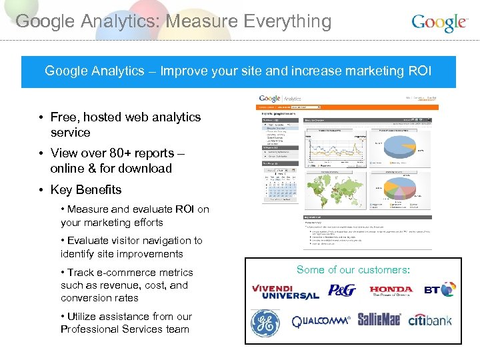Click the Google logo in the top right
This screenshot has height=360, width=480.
tap(439, 23)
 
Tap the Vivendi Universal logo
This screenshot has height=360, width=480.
tap(285, 292)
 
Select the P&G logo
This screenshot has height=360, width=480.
tap(342, 290)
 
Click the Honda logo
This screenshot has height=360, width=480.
tap(391, 291)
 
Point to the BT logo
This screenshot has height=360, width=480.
tap(440, 289)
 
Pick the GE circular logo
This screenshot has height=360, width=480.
tap(265, 323)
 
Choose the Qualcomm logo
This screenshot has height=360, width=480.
tap(321, 322)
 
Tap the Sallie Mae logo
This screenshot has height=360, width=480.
tap(379, 320)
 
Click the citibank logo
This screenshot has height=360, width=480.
tap(430, 321)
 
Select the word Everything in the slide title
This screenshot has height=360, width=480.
tap(281, 21)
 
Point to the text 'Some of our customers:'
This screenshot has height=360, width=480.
tap(353, 269)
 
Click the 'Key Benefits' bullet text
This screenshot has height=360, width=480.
tap(86, 190)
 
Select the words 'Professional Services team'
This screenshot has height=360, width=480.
tap(125, 329)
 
